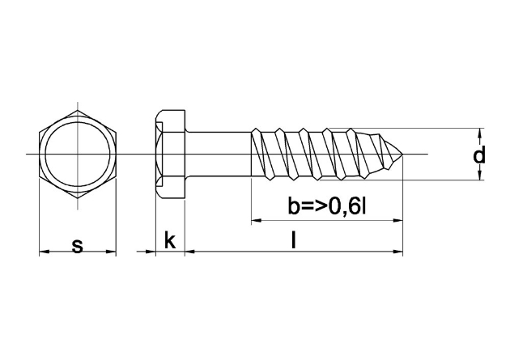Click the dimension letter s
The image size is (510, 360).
pos(78,246)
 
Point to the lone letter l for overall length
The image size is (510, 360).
pos(294,239)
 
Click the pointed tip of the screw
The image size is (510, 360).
pos(403,154)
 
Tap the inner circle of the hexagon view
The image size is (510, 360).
pos(78,154)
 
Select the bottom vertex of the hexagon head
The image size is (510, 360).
pos(78,198)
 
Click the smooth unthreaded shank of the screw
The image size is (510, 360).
pos(219,154)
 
